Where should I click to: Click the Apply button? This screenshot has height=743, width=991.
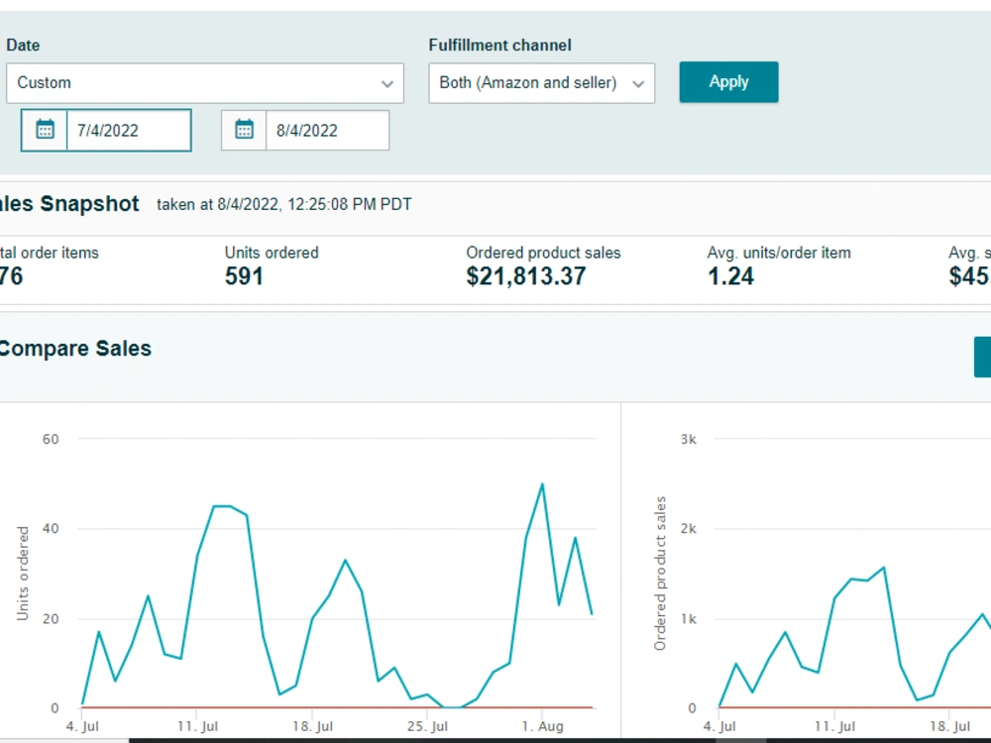click(728, 82)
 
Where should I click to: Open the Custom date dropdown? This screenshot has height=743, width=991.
click(205, 83)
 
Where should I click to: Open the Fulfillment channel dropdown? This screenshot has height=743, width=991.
click(542, 83)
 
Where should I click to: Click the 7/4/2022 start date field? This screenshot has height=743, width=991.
click(129, 130)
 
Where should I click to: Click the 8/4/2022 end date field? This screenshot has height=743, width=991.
click(327, 130)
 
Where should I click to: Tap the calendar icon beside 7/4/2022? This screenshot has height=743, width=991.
click(45, 130)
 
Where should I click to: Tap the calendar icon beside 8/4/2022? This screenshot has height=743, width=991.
click(244, 130)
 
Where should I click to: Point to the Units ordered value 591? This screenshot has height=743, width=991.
click(244, 276)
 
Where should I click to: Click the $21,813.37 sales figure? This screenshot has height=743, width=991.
click(526, 276)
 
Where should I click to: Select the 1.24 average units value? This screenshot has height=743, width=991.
click(730, 276)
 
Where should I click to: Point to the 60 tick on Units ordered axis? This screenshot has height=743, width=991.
click(51, 439)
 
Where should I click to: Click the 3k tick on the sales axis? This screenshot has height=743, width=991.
click(689, 439)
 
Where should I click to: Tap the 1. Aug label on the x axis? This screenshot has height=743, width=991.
click(542, 726)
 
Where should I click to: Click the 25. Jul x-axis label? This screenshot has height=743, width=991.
click(427, 726)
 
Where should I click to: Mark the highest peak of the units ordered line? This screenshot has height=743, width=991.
click(542, 484)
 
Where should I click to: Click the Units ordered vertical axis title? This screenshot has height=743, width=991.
click(23, 573)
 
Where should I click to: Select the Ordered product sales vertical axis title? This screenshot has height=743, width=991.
click(660, 573)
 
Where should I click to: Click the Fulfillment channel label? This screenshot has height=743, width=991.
click(499, 45)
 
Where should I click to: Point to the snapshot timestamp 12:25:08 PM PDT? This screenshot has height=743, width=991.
click(350, 205)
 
